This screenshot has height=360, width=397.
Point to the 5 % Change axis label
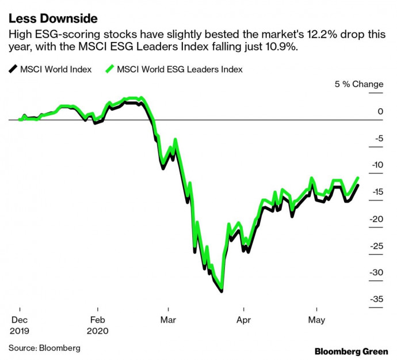pyautogui.click(x=359, y=84)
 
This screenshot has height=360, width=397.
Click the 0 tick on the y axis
pyautogui.click(x=377, y=111)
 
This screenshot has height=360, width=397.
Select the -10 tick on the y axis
pyautogui.click(x=375, y=165)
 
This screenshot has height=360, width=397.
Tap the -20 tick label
pyautogui.click(x=375, y=219)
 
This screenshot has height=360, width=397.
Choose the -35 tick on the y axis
pyautogui.click(x=375, y=299)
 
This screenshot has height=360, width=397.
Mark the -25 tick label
pyautogui.click(x=375, y=246)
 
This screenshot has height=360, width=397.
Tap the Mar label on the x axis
pyautogui.click(x=168, y=320)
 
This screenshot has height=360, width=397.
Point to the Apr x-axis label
pyautogui.click(x=243, y=320)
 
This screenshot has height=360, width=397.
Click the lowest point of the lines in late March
pyautogui.click(x=222, y=290)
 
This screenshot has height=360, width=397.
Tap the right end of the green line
pyautogui.click(x=358, y=178)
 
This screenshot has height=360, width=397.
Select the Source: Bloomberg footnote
pyautogui.click(x=44, y=348)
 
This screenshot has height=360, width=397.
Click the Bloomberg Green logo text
pyautogui.click(x=350, y=350)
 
